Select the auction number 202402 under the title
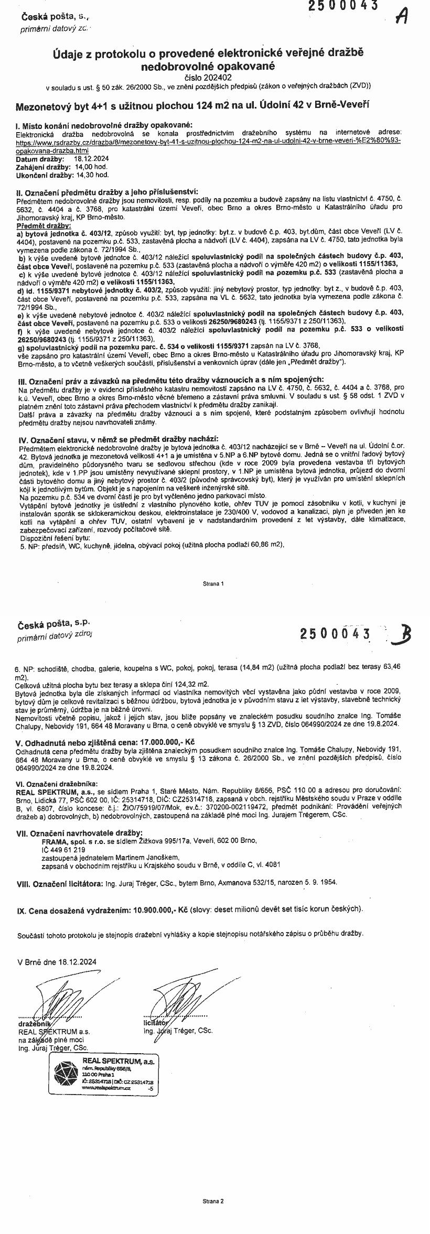216,77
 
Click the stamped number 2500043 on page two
335,634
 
